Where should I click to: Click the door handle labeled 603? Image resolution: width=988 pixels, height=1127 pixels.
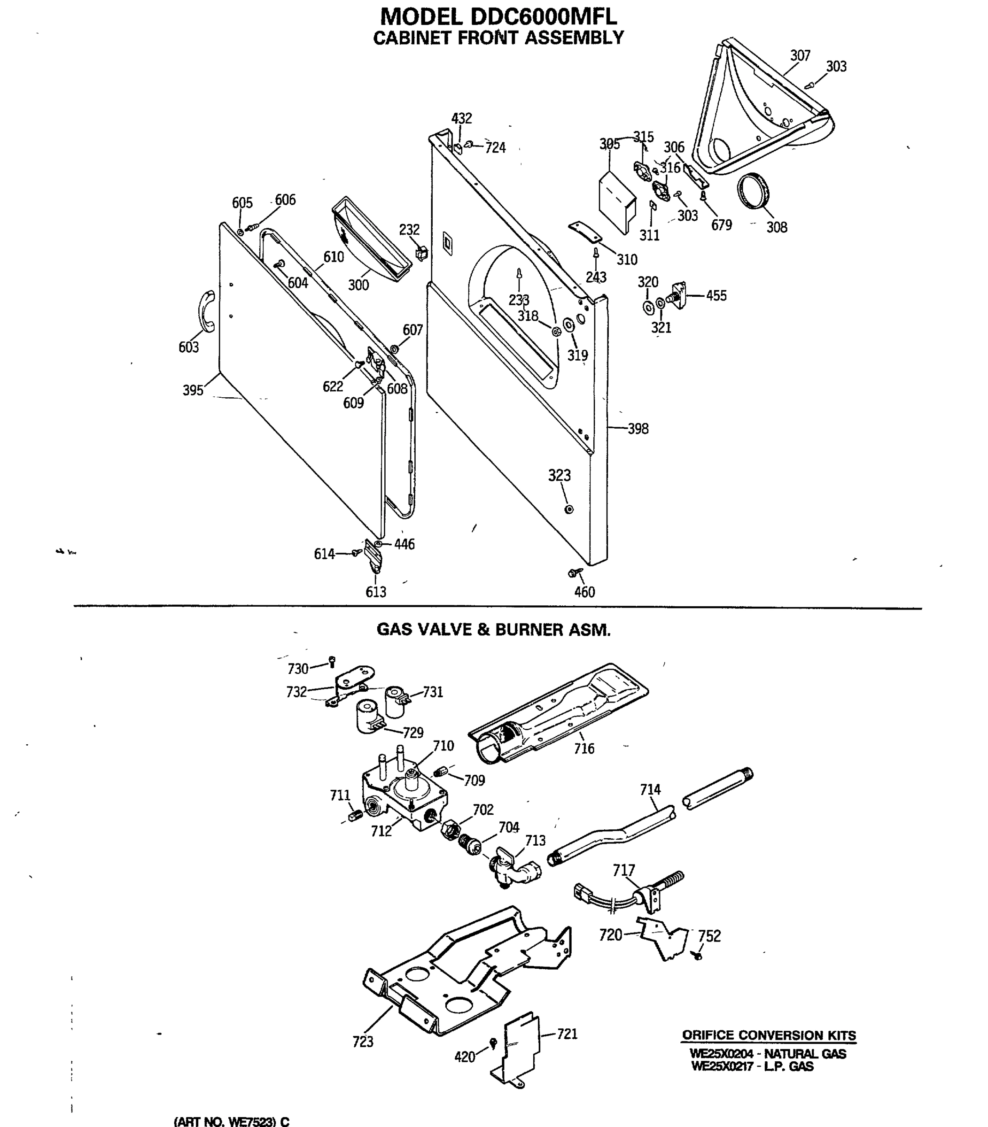[206, 311]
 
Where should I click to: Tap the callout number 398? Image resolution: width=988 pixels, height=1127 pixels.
[638, 428]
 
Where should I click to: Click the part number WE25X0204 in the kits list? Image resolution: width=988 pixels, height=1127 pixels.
[721, 1053]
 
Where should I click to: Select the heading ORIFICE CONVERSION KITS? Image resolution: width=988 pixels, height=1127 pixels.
[769, 1034]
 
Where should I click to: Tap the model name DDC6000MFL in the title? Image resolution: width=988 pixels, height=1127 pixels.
[544, 16]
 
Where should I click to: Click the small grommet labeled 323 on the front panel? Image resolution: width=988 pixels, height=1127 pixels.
[569, 509]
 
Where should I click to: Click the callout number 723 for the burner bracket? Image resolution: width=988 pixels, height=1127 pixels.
[363, 1041]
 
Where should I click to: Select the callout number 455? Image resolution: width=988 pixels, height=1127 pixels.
[716, 295]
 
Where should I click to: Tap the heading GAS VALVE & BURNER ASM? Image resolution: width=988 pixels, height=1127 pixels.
[493, 629]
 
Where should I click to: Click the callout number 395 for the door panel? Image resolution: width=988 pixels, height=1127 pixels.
[193, 390]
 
